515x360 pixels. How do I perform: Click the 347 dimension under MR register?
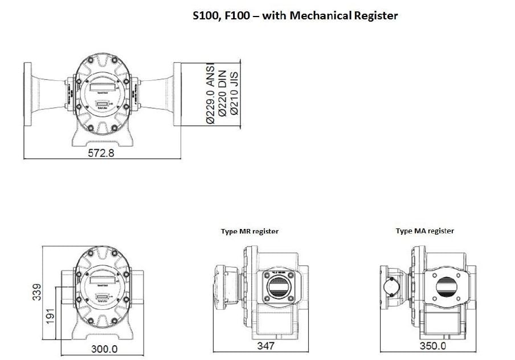[x=265, y=346]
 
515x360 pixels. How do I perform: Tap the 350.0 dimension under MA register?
[x=433, y=346]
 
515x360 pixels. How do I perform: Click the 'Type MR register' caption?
[x=250, y=231]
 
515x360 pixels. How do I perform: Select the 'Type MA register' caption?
[x=424, y=231]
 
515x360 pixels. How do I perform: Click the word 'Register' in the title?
[x=373, y=15]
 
